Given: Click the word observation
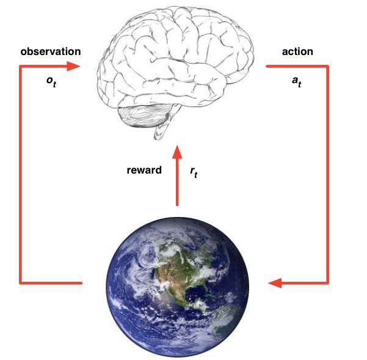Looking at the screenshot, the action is tap(50, 51).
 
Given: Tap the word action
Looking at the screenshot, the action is tap(297, 51).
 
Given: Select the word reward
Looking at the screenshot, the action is tap(144, 170).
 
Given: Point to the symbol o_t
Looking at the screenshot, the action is tap(51, 82).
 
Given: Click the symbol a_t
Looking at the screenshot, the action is tap(297, 82).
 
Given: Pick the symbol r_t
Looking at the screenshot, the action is tap(194, 174).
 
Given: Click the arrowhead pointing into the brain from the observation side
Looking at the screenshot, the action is tap(73, 66).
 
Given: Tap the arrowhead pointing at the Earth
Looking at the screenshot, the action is tap(275, 283).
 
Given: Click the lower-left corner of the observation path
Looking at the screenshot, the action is tap(21, 283).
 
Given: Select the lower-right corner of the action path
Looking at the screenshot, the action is tap(328, 283).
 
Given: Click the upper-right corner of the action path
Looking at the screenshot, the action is tap(328, 66).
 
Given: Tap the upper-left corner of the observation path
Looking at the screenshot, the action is tap(21, 66).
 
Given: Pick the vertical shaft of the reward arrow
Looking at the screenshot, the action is tap(177, 183).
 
